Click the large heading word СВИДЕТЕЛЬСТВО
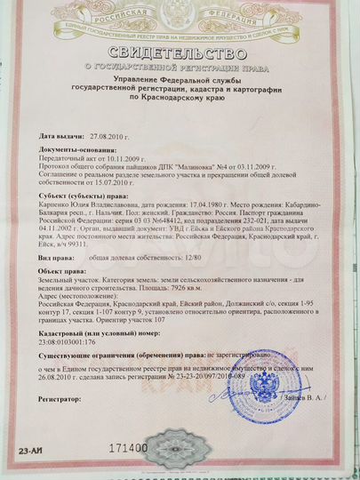tap(181, 51)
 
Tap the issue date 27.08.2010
tap(108, 138)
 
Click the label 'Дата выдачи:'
tap(61, 138)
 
